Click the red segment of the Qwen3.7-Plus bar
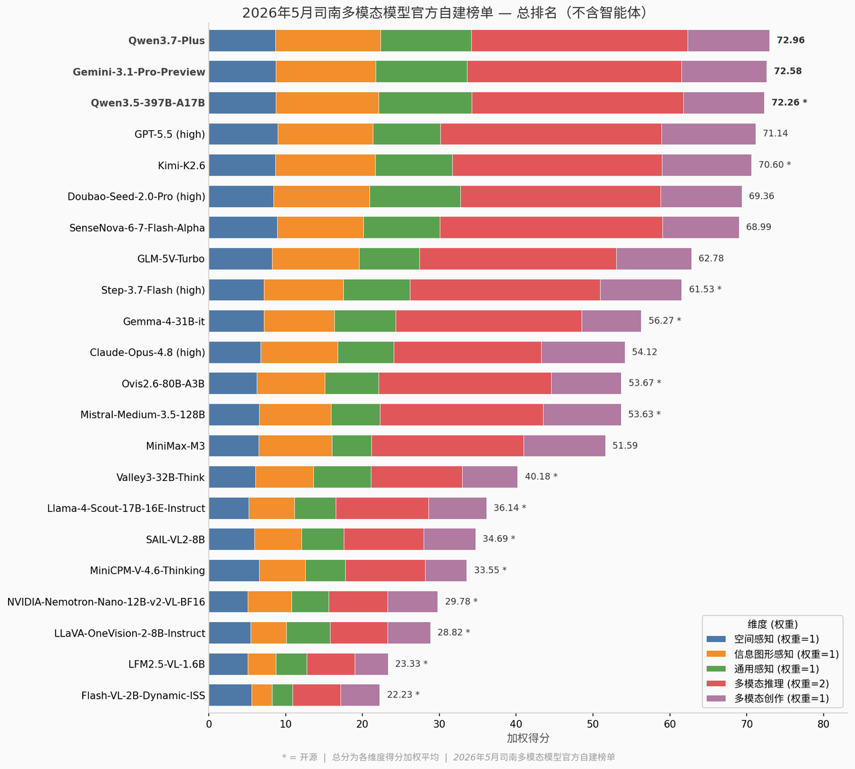click(579, 41)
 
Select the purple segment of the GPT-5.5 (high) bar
click(708, 134)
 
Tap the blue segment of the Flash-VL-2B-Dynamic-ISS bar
click(230, 696)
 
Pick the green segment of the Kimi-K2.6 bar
click(414, 165)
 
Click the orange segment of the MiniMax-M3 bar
click(295, 446)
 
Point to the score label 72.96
click(791, 40)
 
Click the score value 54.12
click(645, 352)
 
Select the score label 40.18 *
click(541, 476)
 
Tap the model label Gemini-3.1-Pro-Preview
click(139, 71)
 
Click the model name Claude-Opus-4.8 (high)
click(148, 352)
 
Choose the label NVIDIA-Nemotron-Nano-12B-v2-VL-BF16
click(106, 602)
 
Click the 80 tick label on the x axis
click(824, 724)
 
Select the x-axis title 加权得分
click(528, 738)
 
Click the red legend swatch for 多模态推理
click(716, 683)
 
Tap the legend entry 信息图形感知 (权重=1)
click(786, 654)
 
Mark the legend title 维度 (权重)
click(773, 625)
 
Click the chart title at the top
click(445, 13)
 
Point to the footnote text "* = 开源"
click(300, 757)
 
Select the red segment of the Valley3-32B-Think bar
click(417, 477)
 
